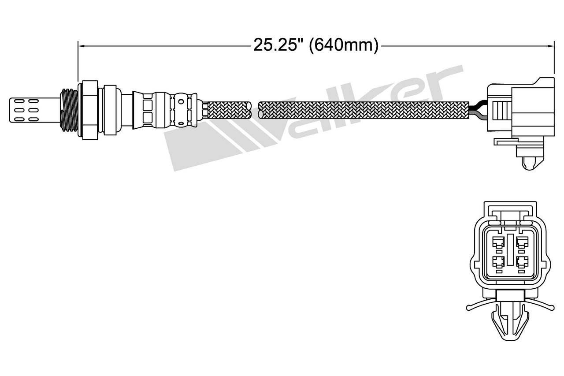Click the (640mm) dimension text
pos(344,45)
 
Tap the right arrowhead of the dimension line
pos(551,46)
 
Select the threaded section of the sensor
pos(69,110)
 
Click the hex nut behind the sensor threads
pos(90,110)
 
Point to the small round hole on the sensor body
pos(181,102)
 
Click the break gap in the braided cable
pos(255,110)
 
